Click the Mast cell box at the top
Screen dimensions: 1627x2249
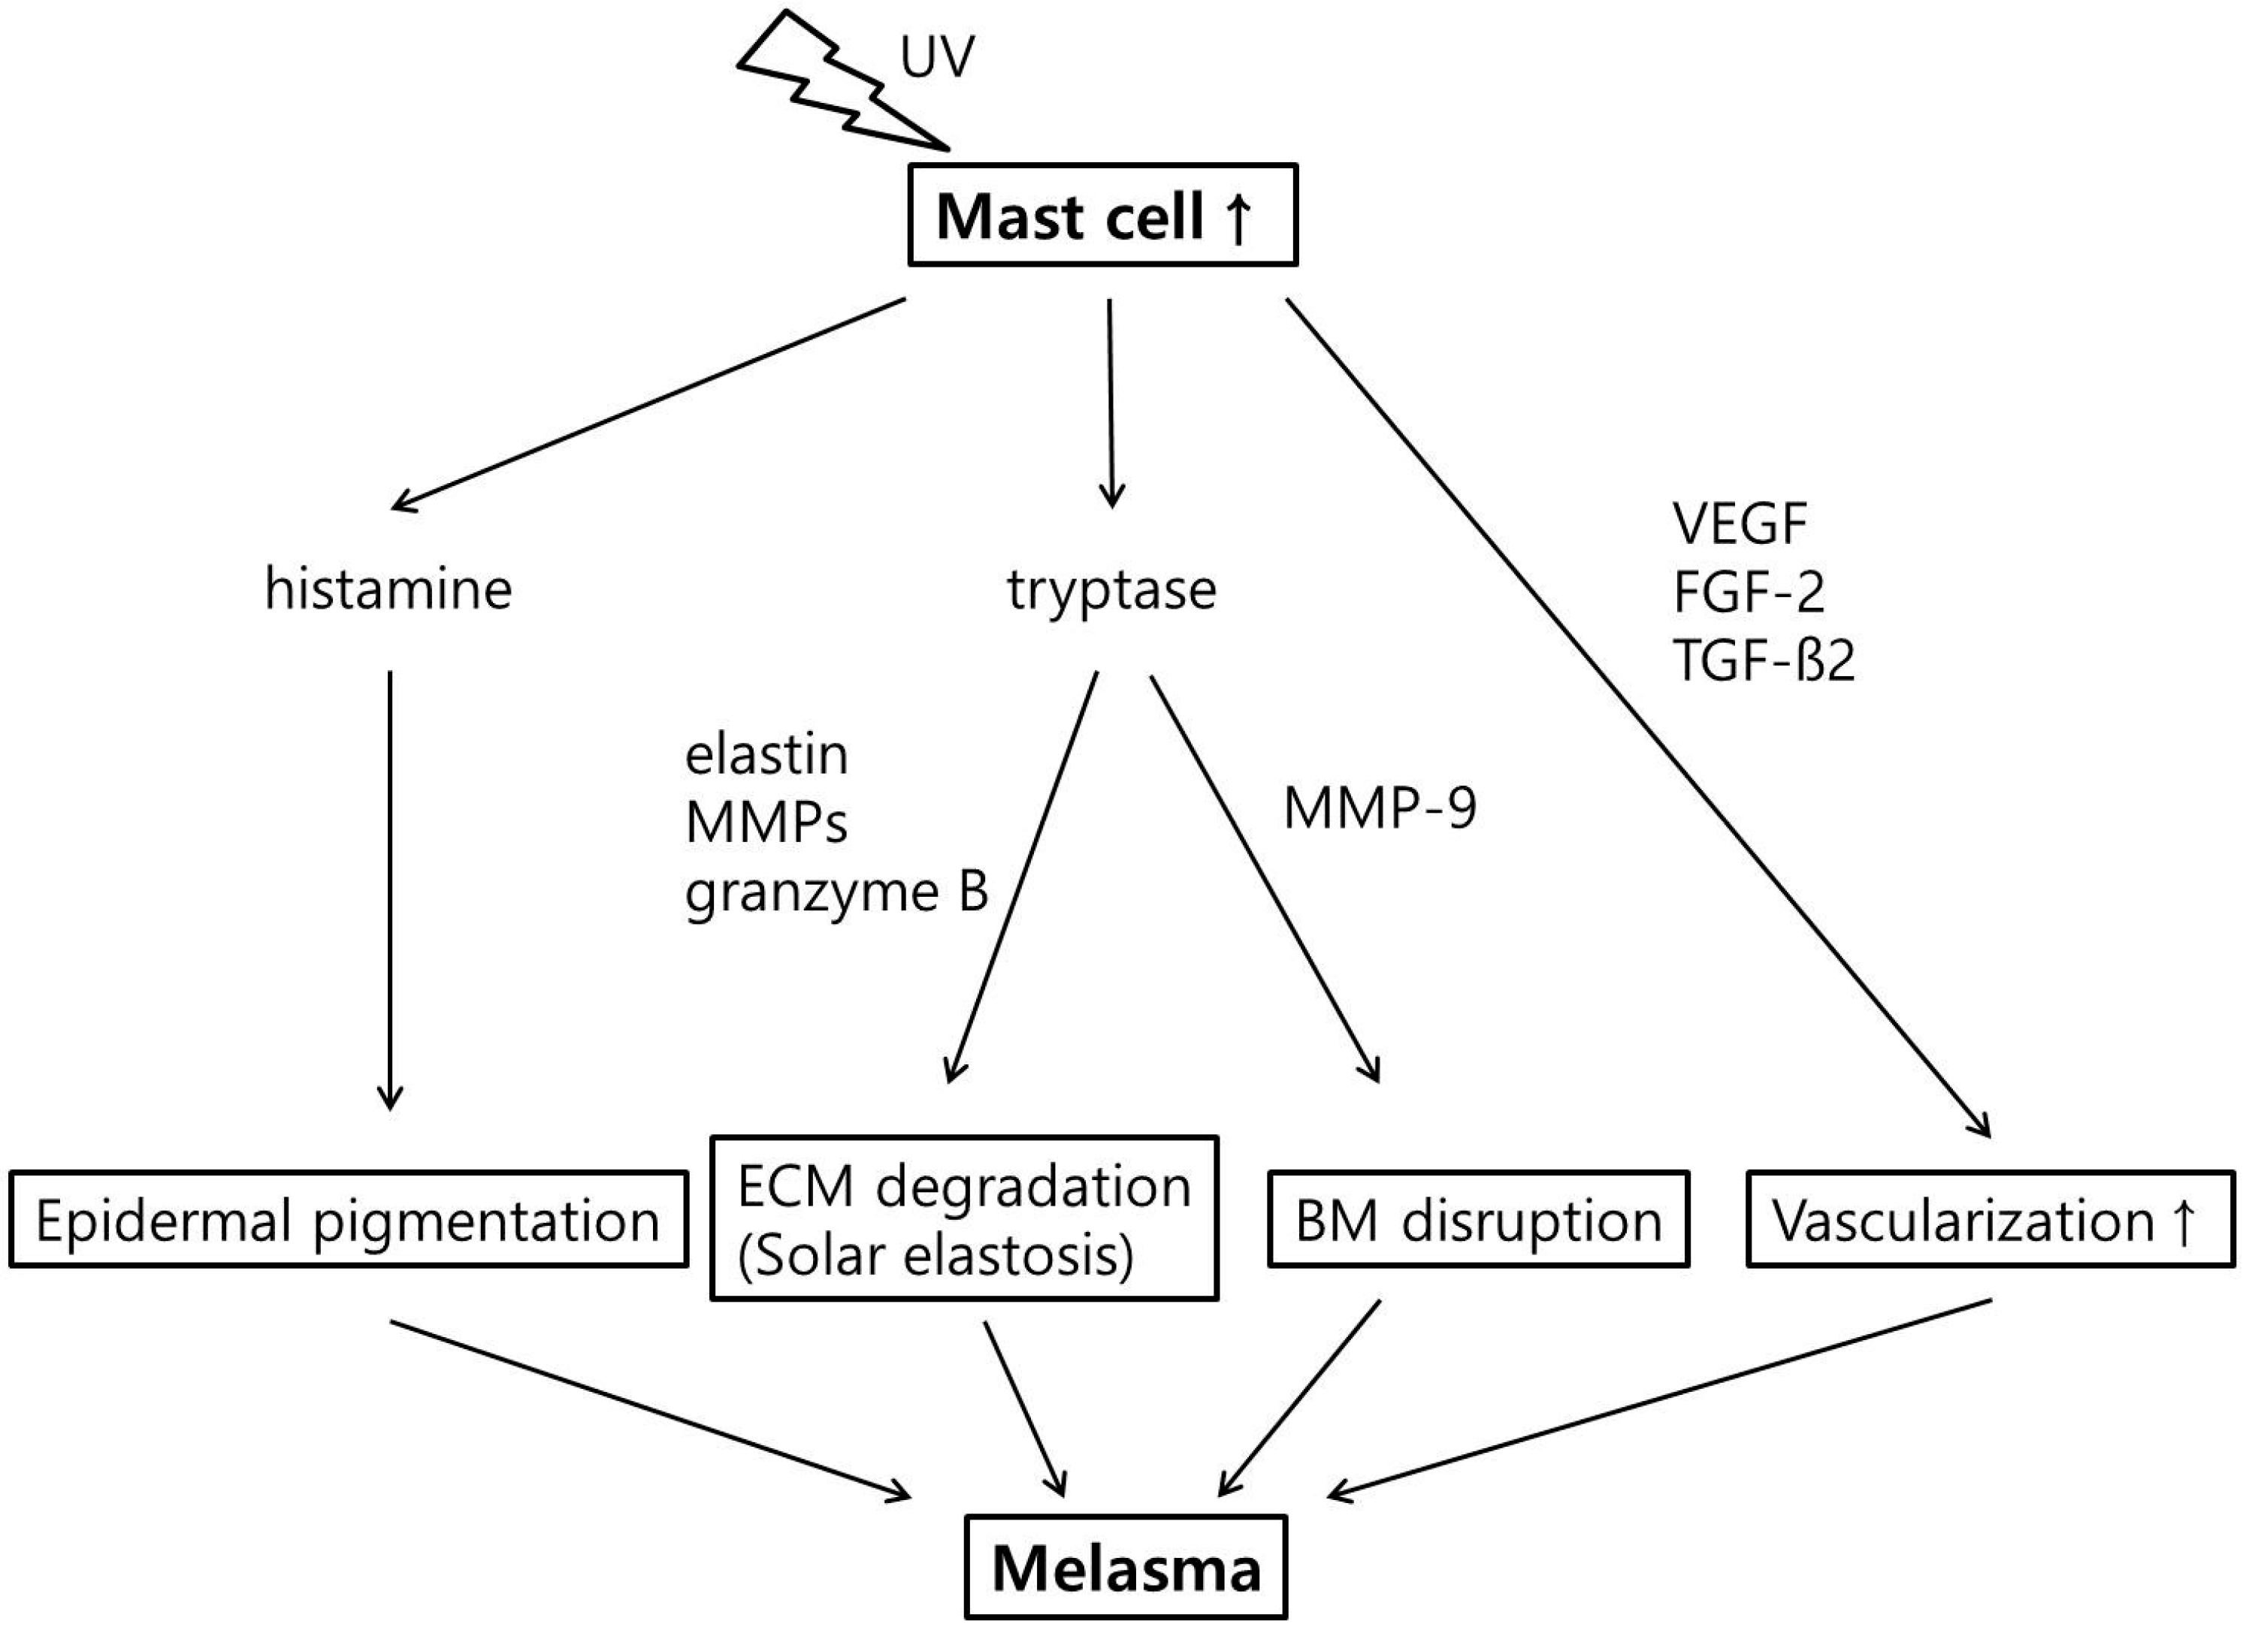[x=1102, y=215]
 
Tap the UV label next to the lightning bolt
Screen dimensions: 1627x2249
[x=936, y=59]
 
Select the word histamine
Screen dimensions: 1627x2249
[x=388, y=589]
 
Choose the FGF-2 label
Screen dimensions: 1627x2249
[x=1749, y=592]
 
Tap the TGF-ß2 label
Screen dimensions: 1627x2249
[x=1763, y=660]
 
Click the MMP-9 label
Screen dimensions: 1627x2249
[x=1380, y=808]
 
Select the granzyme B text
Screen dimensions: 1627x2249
[x=836, y=892]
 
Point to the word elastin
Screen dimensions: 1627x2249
[x=766, y=756]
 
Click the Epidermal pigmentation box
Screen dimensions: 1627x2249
[x=348, y=1220]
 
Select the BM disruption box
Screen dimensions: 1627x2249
[x=1477, y=1220]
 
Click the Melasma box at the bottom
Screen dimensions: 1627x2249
[x=1126, y=1569]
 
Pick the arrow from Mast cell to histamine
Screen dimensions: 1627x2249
[x=649, y=405]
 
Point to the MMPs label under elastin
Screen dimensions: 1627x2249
[x=766, y=823]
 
